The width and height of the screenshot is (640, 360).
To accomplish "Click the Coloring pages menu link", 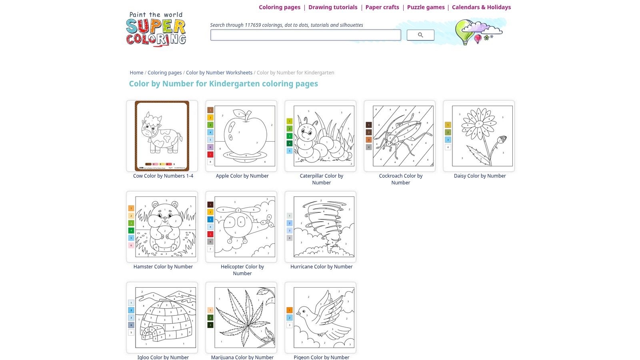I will coord(279,7).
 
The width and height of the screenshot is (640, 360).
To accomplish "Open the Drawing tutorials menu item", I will coord(332,7).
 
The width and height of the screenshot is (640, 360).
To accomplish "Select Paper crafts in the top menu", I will coord(382,7).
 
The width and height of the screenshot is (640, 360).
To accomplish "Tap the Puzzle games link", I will coord(426,7).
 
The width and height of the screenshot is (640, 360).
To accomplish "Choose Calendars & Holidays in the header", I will coord(481,7).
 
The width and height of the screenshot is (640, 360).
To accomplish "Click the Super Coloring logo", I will coord(156,29).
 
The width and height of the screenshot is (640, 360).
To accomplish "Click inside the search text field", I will coord(305,35).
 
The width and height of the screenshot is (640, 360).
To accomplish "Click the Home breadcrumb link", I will coord(136,73).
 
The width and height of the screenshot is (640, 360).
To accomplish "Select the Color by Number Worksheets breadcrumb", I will coord(219,73).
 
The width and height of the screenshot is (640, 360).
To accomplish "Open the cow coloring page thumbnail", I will coord(162,136).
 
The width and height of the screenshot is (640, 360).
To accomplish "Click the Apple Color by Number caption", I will coord(242,176).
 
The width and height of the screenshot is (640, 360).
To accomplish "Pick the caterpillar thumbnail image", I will coord(320,136).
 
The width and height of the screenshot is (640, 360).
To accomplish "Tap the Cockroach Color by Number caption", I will coord(400,179).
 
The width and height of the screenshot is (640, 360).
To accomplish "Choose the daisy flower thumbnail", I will coord(479,136).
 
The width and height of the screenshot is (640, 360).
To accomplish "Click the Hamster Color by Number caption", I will coord(163,267).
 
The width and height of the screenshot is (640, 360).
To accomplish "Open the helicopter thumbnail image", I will coord(241,227).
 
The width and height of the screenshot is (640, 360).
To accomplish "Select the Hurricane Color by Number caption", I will coord(321,267).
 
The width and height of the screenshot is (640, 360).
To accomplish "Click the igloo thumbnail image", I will coord(162,318).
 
